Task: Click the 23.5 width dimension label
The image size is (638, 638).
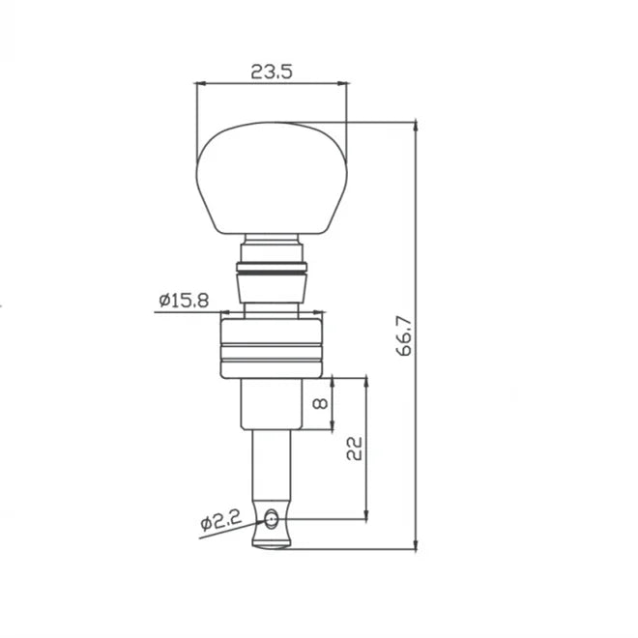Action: [272, 72]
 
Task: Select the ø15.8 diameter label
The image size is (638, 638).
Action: [184, 301]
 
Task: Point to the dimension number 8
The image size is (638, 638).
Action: [321, 403]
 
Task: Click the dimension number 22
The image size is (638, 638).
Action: [354, 449]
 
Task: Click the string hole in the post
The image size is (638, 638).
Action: [271, 520]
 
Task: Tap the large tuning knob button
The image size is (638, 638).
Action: [272, 178]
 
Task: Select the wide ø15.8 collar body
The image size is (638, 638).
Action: [272, 349]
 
